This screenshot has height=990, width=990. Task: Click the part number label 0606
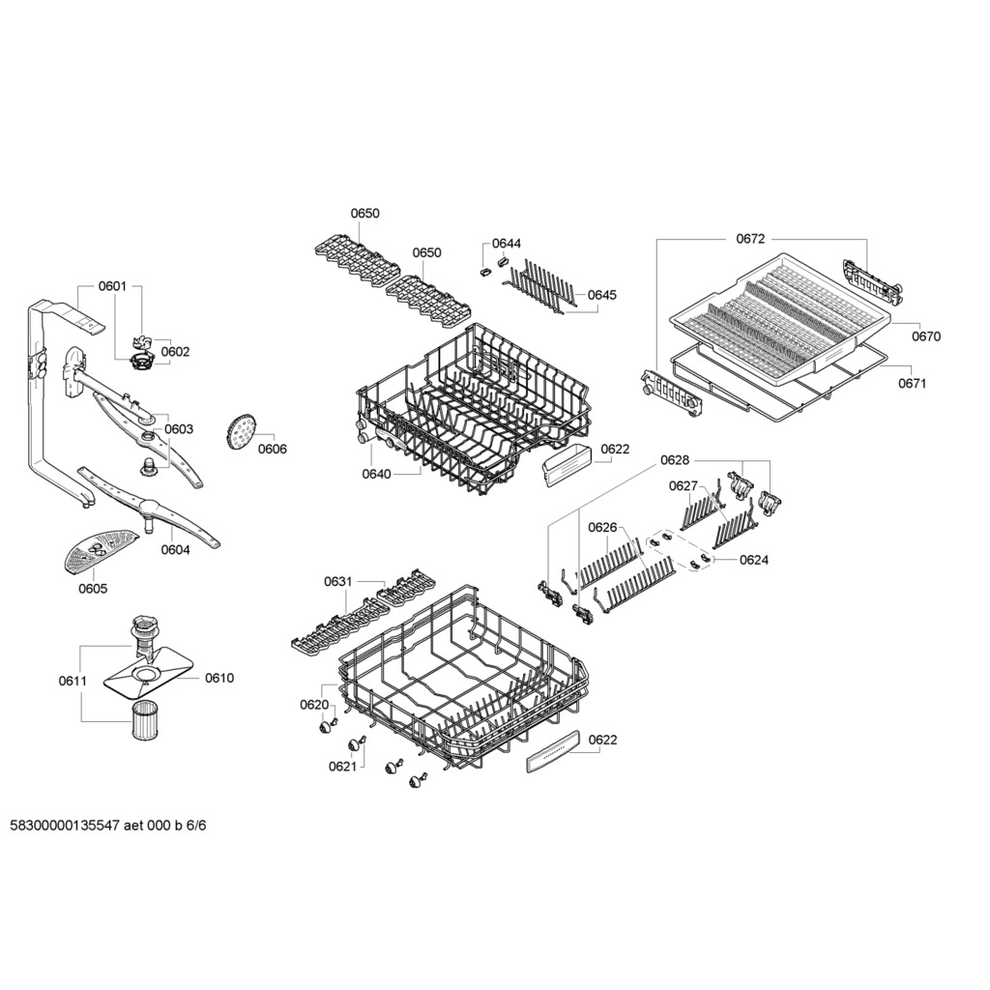click(x=272, y=449)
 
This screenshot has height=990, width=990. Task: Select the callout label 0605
click(x=93, y=589)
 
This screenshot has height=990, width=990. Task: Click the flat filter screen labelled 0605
click(x=101, y=550)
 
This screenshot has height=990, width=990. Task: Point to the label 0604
click(x=175, y=549)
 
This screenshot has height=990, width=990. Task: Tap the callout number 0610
click(x=219, y=678)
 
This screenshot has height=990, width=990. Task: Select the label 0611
click(x=73, y=681)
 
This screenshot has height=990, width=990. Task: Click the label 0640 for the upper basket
click(x=376, y=474)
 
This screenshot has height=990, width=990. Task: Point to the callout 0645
click(x=601, y=295)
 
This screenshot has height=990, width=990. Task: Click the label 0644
click(x=507, y=244)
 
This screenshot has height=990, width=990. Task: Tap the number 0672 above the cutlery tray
click(x=750, y=239)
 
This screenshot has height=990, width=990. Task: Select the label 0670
click(x=925, y=336)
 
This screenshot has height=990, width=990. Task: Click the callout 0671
click(x=912, y=383)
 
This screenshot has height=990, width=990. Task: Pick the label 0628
click(x=675, y=460)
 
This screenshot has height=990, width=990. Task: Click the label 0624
click(x=754, y=560)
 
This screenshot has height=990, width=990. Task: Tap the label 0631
click(x=337, y=581)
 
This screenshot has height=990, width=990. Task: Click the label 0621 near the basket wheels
click(x=342, y=767)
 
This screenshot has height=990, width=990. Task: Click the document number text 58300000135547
click(x=65, y=826)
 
